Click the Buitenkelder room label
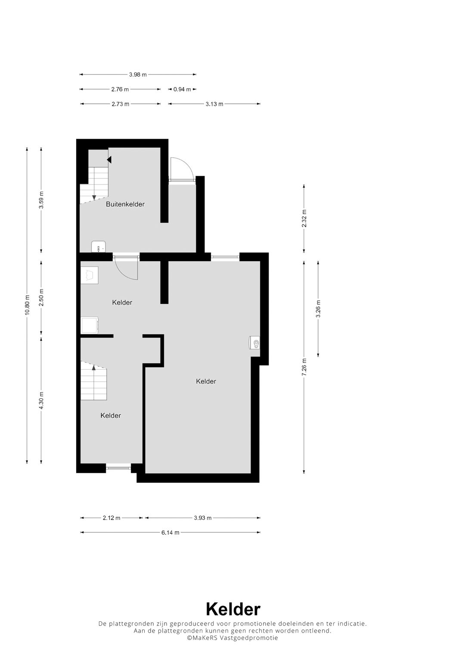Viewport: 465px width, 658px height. tap(125, 204)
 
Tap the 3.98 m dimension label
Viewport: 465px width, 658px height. tap(138, 75)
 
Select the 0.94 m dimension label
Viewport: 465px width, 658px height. tap(182, 90)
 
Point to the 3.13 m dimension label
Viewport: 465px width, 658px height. tap(214, 104)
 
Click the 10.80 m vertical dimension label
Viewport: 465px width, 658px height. tap(27, 305)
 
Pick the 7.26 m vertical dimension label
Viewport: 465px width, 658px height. tap(304, 367)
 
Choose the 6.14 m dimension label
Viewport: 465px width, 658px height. tap(170, 533)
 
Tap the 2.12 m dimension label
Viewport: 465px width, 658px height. tap(112, 518)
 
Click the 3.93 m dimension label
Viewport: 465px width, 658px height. tap(202, 518)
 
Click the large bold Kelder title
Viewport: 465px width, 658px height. tap(232, 609)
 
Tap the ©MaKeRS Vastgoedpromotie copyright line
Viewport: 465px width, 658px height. tap(232, 638)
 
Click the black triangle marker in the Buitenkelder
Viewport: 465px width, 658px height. tap(109, 160)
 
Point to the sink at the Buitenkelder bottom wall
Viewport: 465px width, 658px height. tap(98, 247)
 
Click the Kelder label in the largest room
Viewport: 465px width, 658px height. tap(206, 381)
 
